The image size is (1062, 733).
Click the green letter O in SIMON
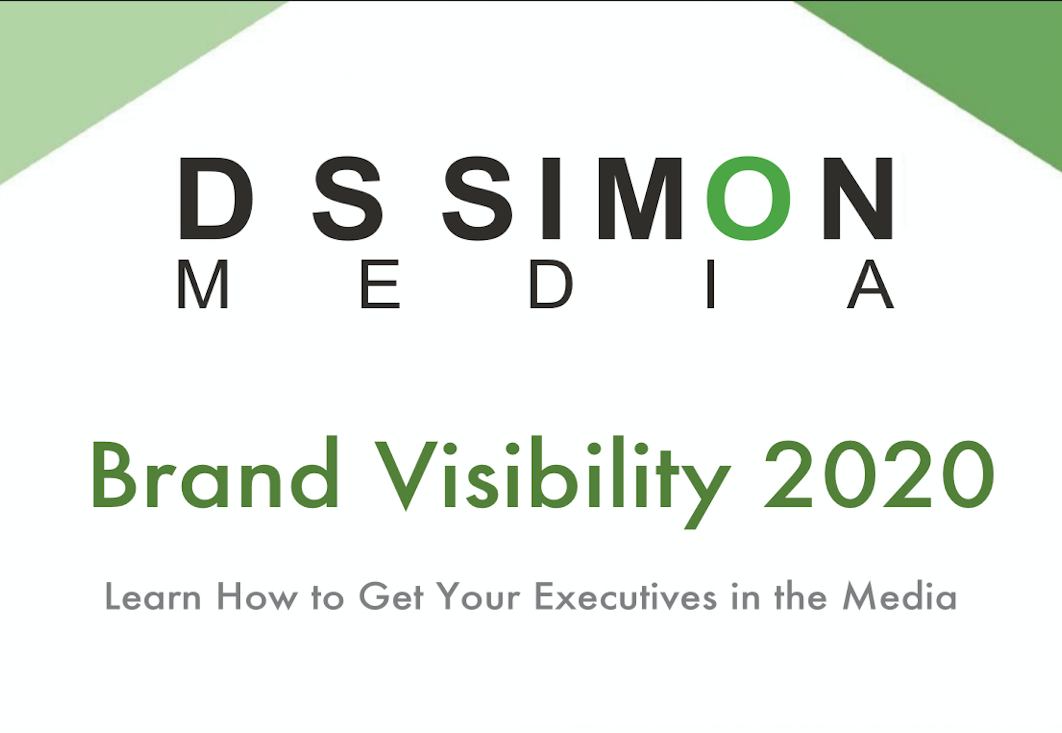tap(749, 198)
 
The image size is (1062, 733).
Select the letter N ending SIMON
tap(858, 198)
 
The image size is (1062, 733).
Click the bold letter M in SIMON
tap(640, 198)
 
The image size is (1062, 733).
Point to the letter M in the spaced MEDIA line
tap(203, 284)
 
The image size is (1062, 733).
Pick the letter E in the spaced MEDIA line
tap(380, 284)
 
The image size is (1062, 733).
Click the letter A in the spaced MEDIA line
tap(870, 284)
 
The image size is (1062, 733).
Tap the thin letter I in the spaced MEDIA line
tap(710, 284)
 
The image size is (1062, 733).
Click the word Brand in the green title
tap(215, 472)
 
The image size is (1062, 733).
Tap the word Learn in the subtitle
tap(153, 596)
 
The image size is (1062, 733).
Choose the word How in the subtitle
tap(256, 596)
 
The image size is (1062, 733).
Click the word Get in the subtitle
tap(391, 596)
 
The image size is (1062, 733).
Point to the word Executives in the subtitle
tap(625, 596)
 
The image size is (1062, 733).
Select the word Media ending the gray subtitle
tap(900, 596)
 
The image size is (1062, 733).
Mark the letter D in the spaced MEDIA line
tap(550, 284)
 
